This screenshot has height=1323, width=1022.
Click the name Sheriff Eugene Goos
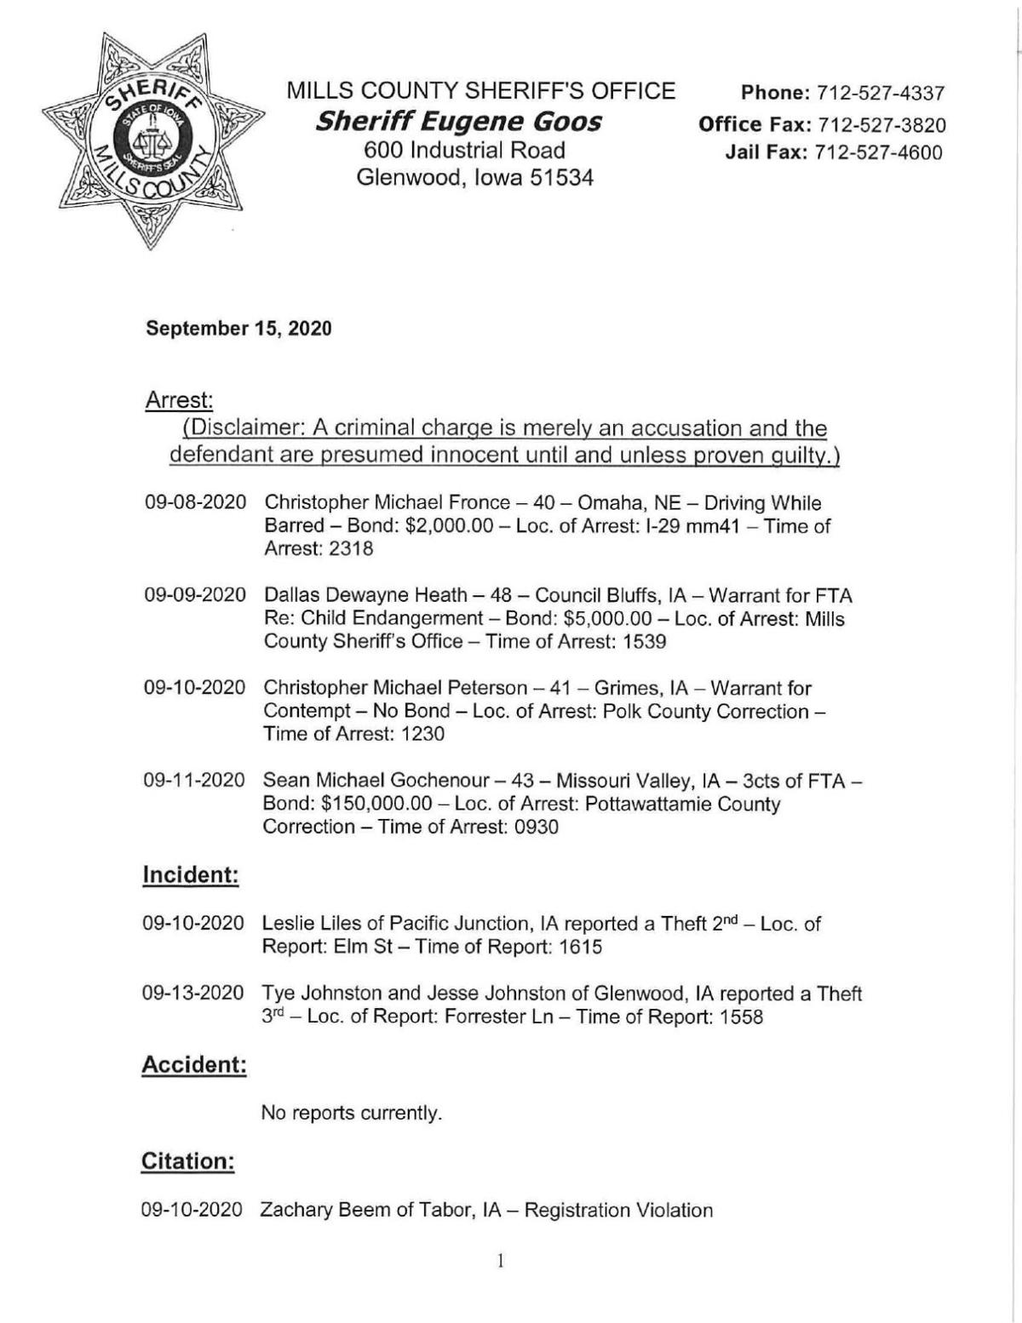tap(458, 122)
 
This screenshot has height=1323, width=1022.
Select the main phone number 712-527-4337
tap(881, 93)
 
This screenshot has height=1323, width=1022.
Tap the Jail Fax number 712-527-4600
tap(880, 153)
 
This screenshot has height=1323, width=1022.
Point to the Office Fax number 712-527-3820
tap(881, 124)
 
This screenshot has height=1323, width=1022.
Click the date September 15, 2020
tap(238, 329)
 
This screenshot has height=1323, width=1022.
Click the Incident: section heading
tap(191, 875)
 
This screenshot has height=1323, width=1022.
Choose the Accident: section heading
tap(194, 1064)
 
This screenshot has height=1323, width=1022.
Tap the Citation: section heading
tap(187, 1161)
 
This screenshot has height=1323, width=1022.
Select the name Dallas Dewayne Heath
tap(365, 596)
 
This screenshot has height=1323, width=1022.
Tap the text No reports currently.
tap(351, 1113)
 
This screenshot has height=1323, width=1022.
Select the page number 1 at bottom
tap(501, 1261)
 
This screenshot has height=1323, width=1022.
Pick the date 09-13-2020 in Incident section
tap(194, 994)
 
